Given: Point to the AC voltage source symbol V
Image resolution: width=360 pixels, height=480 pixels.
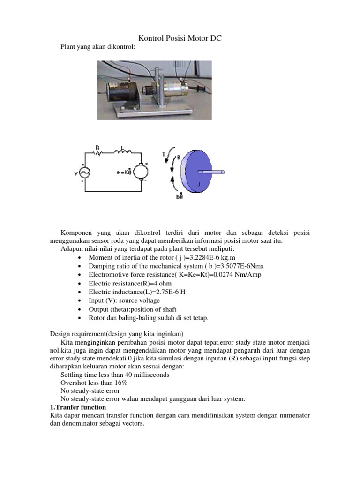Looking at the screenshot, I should coord(85,173).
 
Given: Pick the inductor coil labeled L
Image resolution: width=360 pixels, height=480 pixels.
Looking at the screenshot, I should coord(123,152).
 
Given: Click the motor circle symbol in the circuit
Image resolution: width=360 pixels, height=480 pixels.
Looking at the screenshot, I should coord(141,173).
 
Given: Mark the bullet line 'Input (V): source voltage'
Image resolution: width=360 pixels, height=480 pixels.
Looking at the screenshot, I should coord(124,300).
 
